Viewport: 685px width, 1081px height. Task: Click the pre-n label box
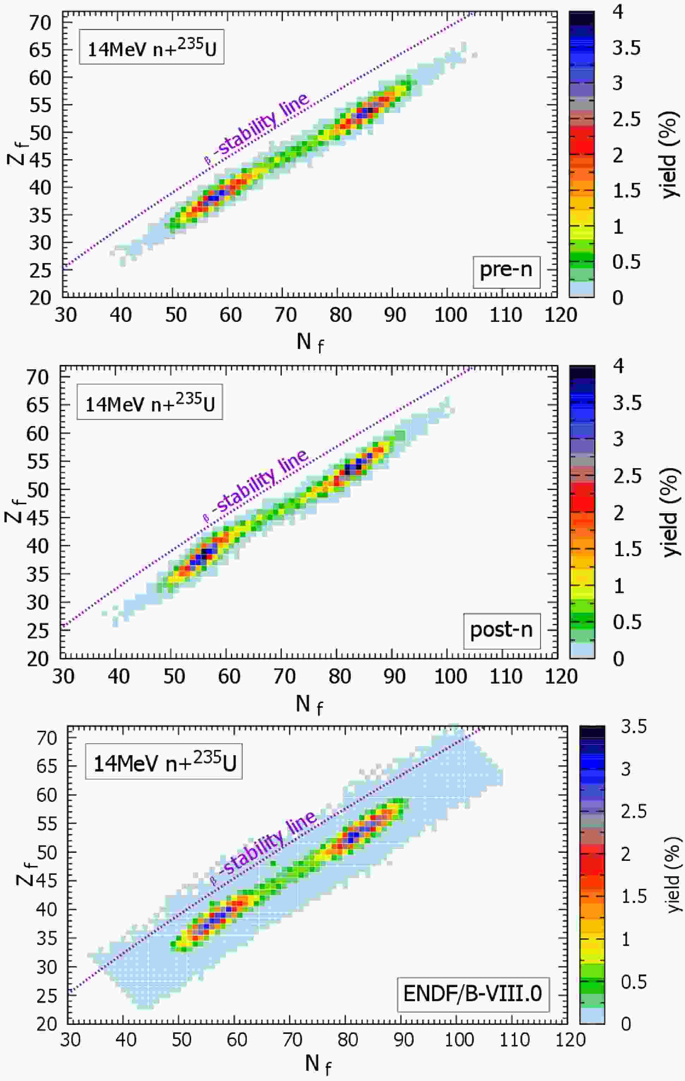coord(506,270)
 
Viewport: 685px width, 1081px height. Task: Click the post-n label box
coord(501,630)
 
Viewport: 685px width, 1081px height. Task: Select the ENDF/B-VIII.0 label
coord(473,994)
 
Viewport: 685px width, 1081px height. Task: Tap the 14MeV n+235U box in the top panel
coord(151,47)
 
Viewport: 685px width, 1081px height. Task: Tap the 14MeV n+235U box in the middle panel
coord(150,402)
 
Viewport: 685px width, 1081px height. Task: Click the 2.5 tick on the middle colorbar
coord(627,476)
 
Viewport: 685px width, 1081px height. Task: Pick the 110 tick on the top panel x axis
coord(505,315)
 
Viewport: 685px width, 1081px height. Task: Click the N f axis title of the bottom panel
coord(318,1063)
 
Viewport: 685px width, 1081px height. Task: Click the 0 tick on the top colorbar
coord(618,298)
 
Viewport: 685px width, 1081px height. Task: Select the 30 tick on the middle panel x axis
coord(62,676)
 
